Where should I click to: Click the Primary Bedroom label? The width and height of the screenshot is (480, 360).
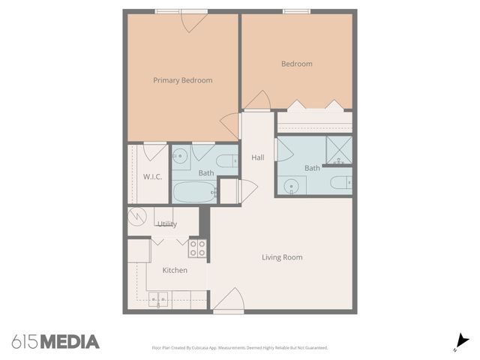pos(182,80)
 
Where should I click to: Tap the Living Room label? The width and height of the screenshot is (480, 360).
pos(282,257)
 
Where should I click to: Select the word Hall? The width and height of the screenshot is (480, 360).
pos(258,157)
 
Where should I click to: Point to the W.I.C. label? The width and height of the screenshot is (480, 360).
pos(152,177)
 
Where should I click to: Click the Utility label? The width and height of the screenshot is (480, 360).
pos(166,223)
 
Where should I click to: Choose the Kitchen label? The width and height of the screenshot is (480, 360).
pos(175,270)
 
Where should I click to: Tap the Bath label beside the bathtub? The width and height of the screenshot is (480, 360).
pos(206,173)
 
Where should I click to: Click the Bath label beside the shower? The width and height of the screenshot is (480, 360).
pos(312,168)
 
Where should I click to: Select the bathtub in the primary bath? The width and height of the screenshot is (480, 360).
pos(194,192)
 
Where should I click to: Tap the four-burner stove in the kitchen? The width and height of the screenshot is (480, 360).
pos(197,248)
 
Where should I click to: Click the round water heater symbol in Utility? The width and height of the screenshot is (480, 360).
pos(137,217)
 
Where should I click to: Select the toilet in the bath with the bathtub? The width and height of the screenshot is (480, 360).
pos(226,160)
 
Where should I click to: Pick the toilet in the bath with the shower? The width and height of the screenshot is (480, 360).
pos(341,182)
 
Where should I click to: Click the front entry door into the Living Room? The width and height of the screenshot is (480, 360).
pos(228,301)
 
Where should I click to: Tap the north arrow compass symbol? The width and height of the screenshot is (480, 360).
pos(462,341)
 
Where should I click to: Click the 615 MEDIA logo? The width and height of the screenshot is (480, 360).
pos(55,342)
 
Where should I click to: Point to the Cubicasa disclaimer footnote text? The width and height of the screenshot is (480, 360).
pos(240,348)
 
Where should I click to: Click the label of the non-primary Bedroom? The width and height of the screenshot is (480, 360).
pos(296,64)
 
